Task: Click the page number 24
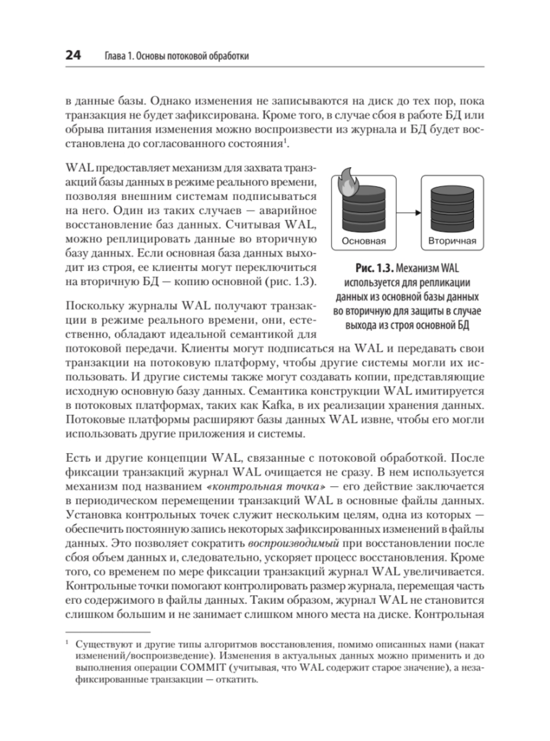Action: (73, 55)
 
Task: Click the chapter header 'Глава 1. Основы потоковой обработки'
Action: (176, 56)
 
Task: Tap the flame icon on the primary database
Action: (345, 180)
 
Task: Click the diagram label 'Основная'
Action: (363, 241)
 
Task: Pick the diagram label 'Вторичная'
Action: (452, 241)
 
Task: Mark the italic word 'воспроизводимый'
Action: (294, 544)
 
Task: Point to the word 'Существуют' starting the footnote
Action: (101, 646)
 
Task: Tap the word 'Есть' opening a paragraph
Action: (76, 458)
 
